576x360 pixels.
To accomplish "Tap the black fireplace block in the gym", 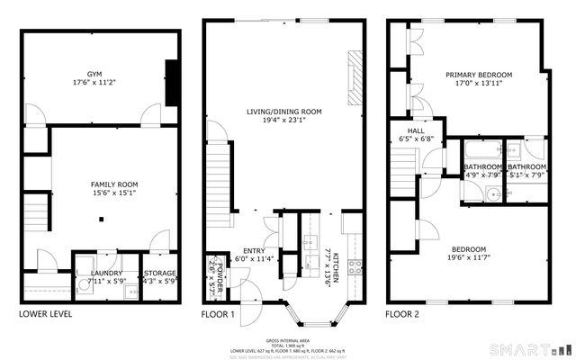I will pyautogui.click(x=170, y=85).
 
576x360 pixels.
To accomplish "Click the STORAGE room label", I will pyautogui.click(x=159, y=272).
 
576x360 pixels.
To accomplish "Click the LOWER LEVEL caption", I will pyautogui.click(x=45, y=314).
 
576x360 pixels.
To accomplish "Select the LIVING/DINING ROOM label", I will pyautogui.click(x=284, y=112).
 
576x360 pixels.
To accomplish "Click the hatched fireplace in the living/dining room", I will pyautogui.click(x=354, y=80).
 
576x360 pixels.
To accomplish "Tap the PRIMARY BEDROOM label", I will pyautogui.click(x=478, y=75).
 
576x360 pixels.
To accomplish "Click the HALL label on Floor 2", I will pyautogui.click(x=417, y=130).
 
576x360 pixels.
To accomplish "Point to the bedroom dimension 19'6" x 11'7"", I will pyautogui.click(x=468, y=259).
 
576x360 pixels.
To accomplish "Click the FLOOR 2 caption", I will pyautogui.click(x=402, y=314).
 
